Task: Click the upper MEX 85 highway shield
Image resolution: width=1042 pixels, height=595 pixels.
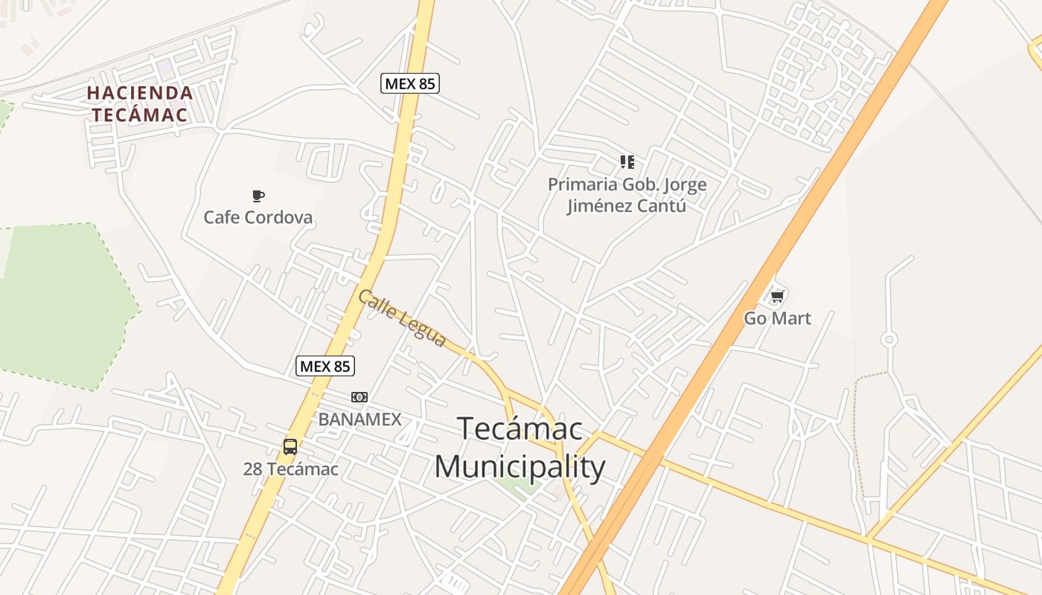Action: click(x=410, y=83)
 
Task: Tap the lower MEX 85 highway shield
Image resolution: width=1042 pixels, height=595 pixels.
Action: click(x=325, y=366)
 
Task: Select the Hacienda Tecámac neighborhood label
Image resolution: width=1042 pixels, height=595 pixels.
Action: click(x=140, y=104)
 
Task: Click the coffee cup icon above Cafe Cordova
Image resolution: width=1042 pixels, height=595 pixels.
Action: click(x=258, y=196)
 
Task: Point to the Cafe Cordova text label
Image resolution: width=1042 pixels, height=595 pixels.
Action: click(x=258, y=218)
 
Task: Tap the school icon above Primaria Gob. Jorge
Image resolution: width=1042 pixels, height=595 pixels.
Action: click(x=627, y=161)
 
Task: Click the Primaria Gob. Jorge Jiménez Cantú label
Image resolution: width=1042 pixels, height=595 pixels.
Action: click(x=627, y=195)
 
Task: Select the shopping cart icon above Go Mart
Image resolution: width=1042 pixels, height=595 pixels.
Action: click(x=778, y=297)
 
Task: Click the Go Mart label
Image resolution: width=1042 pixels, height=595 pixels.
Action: click(x=778, y=318)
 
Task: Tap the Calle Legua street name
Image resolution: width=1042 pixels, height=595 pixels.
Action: click(x=402, y=318)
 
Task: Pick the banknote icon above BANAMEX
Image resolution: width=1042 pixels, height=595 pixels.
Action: click(x=359, y=397)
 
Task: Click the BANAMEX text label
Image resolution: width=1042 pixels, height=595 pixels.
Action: click(x=359, y=419)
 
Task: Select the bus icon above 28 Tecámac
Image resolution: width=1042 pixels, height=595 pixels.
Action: click(x=290, y=447)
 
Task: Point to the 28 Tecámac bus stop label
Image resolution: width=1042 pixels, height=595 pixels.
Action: click(x=290, y=469)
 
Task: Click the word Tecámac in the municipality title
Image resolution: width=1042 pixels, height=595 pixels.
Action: click(x=520, y=429)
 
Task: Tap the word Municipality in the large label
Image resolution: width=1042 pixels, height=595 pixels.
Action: click(x=520, y=468)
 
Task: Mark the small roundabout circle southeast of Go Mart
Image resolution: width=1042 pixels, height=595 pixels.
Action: click(x=889, y=340)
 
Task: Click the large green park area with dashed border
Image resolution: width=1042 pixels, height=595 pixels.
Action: click(x=60, y=305)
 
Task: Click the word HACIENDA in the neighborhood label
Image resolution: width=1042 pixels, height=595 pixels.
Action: click(x=140, y=93)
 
